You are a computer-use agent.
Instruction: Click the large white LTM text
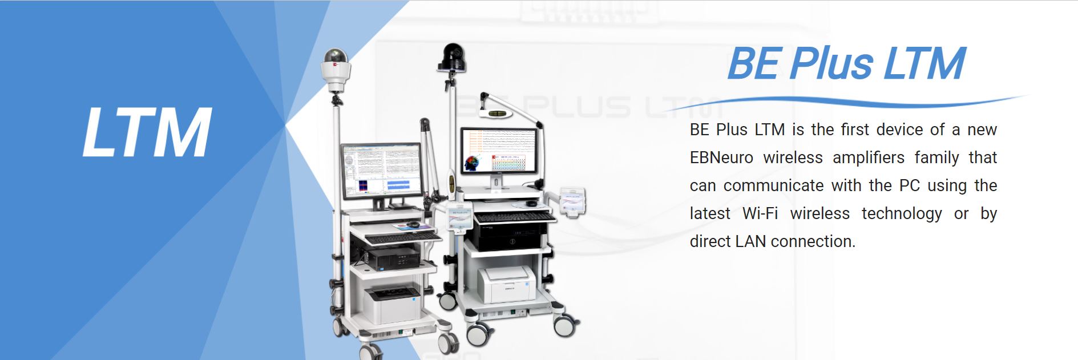click(147, 132)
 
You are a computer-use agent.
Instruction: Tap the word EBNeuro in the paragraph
click(721, 157)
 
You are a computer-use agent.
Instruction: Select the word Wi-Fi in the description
click(760, 213)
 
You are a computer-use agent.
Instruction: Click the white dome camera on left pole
click(335, 68)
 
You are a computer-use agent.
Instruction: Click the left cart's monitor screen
click(382, 169)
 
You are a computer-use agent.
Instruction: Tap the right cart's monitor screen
click(499, 152)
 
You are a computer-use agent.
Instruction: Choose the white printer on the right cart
click(506, 285)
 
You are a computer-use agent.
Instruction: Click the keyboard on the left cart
click(403, 236)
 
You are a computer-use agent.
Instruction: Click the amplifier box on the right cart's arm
click(572, 201)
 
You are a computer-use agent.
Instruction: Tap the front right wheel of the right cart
click(563, 326)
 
